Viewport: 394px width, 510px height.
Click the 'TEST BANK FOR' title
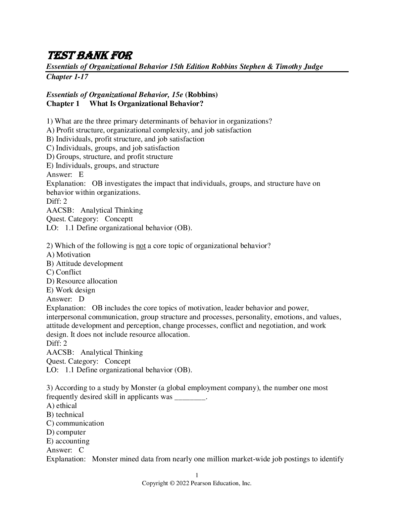[x=89, y=55]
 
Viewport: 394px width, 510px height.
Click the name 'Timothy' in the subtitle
[x=289, y=67]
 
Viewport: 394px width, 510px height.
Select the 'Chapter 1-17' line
[x=67, y=77]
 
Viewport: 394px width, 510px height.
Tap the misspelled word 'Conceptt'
[x=119, y=219]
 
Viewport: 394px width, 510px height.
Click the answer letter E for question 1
[x=81, y=175]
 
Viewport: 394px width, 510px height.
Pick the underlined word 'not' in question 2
[x=141, y=246]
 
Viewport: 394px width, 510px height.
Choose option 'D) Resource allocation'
[x=82, y=281]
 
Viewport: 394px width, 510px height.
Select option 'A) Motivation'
[x=69, y=255]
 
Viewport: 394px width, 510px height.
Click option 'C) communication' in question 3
[x=75, y=423]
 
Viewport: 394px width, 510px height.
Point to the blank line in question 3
[x=190, y=397]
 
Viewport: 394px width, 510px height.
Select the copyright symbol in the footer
[x=172, y=484]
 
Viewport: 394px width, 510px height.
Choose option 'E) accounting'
[x=68, y=441]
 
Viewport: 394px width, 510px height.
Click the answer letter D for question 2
[x=81, y=299]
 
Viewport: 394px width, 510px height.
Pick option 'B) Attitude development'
[x=84, y=264]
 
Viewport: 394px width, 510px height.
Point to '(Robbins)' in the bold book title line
[x=201, y=95]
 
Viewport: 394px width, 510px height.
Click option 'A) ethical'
[x=62, y=406]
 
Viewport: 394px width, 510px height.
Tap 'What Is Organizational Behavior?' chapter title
[x=146, y=104]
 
